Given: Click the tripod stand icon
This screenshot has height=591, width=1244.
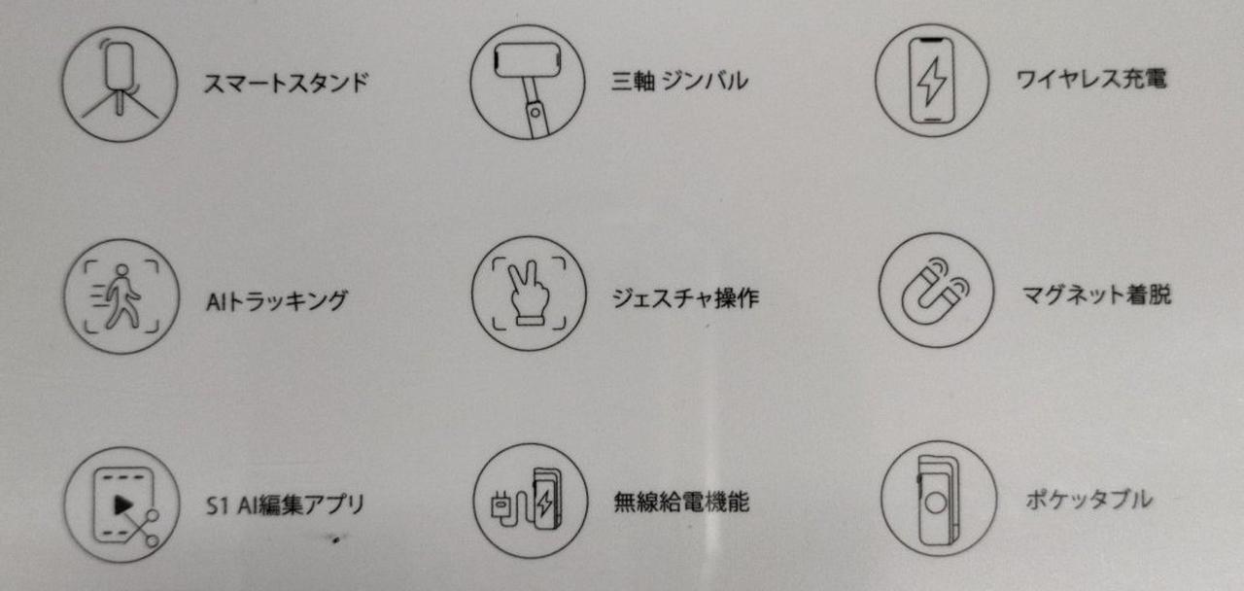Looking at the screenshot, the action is click(120, 84).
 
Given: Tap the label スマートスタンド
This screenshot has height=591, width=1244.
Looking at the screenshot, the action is click(286, 84).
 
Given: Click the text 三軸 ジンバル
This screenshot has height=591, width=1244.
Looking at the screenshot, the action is click(679, 81).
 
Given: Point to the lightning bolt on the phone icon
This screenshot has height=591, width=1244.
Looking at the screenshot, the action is click(931, 81).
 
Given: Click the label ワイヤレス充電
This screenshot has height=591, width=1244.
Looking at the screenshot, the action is click(1091, 79).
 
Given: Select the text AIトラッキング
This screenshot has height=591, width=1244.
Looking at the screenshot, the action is click(277, 301).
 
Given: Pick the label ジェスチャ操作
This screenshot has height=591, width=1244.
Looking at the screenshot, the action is click(685, 298).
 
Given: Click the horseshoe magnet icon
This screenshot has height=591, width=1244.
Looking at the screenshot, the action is click(936, 290).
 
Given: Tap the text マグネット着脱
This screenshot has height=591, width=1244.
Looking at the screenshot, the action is click(1097, 295).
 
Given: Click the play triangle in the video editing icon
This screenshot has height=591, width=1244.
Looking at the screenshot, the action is click(123, 505).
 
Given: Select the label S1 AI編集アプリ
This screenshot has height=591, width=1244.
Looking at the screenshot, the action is click(286, 504).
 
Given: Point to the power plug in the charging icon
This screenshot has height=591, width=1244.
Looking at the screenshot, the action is click(501, 505).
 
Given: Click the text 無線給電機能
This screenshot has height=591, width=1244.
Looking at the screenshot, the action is click(681, 503).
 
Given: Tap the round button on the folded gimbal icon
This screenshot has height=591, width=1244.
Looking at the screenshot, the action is click(936, 504).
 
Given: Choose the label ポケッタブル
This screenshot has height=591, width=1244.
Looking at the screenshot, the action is click(1089, 500).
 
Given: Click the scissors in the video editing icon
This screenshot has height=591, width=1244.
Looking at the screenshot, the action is click(142, 528).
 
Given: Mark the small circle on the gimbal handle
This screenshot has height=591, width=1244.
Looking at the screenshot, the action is click(535, 113).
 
